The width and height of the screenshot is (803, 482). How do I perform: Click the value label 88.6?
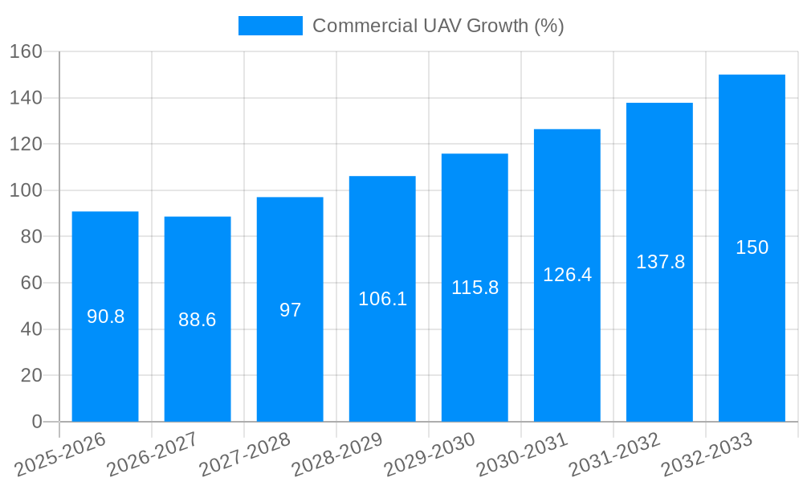click(x=198, y=320)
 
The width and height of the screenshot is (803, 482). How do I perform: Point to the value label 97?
click(x=290, y=310)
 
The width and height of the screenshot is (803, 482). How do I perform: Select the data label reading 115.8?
click(x=475, y=288)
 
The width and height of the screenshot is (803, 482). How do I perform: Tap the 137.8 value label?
click(x=660, y=262)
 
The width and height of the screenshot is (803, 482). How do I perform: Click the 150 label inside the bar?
click(x=752, y=247)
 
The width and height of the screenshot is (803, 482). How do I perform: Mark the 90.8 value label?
click(x=105, y=317)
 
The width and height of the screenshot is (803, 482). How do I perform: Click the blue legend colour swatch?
click(x=271, y=26)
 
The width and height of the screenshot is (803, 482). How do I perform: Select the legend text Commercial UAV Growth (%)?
click(x=438, y=26)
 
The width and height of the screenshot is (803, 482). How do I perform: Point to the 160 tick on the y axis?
click(x=26, y=51)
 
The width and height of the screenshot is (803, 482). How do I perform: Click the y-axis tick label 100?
click(x=26, y=190)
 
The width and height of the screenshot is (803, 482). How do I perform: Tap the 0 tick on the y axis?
click(x=36, y=422)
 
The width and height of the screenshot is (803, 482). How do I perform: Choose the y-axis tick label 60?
click(x=31, y=283)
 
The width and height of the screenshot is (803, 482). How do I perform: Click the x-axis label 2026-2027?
click(x=153, y=455)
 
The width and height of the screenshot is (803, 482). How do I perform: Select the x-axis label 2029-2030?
click(x=430, y=455)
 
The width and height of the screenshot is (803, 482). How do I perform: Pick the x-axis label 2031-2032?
click(x=614, y=455)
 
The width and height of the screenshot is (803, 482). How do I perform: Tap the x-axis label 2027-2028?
click(x=245, y=455)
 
